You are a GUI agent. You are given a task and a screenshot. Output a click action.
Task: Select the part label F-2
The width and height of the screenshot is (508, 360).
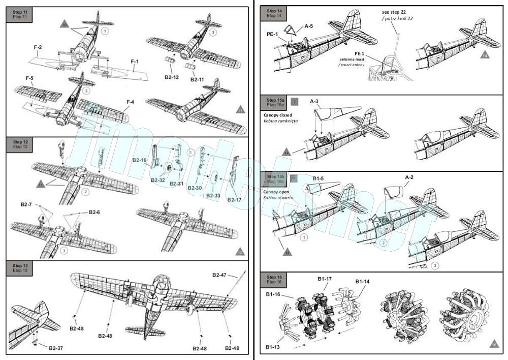click(38, 47)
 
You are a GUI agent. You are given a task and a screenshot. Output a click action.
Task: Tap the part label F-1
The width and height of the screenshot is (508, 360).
click(135, 62)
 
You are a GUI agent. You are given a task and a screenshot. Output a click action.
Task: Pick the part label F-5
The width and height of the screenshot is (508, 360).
click(30, 78)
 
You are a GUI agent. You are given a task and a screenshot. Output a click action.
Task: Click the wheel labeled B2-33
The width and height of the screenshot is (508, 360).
click(215, 179)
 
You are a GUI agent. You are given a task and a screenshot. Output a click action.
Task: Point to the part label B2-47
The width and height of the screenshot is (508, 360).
click(220, 275)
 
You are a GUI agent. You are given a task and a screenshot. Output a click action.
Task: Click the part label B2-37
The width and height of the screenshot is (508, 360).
click(56, 348)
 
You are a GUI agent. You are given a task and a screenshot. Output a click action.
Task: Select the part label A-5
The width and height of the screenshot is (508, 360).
click(309, 25)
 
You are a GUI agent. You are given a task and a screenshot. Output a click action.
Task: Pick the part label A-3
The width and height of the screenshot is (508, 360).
click(315, 102)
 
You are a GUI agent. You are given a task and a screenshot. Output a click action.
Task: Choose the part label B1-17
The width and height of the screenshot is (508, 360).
click(325, 279)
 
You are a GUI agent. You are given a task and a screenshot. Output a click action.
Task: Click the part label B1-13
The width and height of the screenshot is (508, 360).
click(273, 347)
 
